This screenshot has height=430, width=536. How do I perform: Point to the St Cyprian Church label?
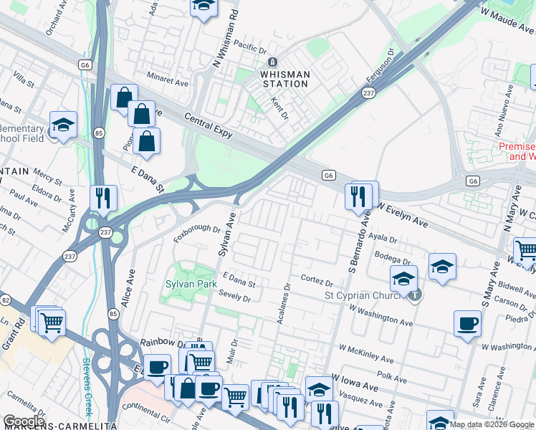[x=363, y=295]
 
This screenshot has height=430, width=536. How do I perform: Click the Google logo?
[x=24, y=421]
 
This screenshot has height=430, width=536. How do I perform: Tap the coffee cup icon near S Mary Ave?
[x=467, y=323]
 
